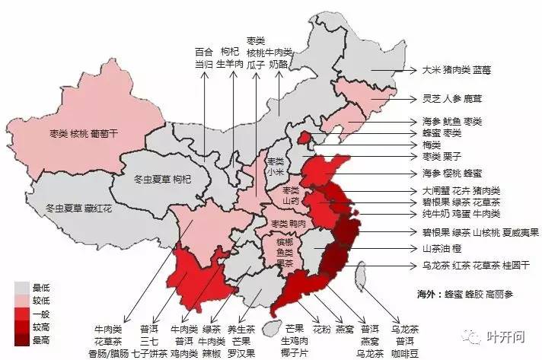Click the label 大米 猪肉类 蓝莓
pos(457,70)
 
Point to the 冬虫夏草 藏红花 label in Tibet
pos(78,208)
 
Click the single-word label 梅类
pos(432,145)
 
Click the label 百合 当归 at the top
pos(203,58)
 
